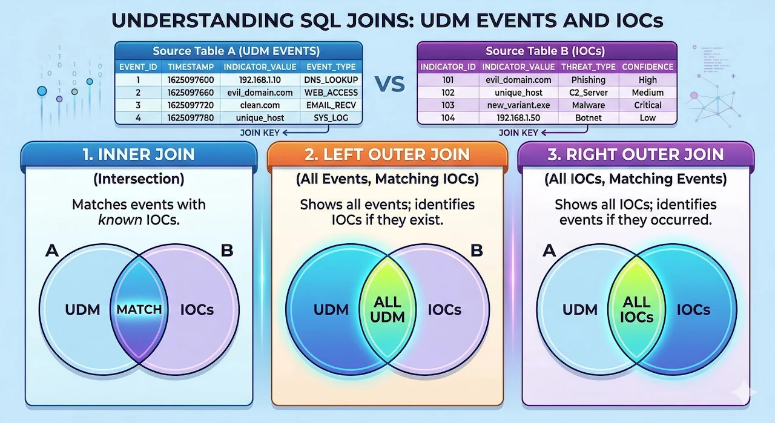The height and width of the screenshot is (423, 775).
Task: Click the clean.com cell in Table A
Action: coord(260,105)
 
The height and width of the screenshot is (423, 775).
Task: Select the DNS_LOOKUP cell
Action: coord(331,80)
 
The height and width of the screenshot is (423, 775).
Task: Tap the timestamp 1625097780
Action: coord(191,118)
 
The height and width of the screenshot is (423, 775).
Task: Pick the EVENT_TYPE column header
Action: coord(331,67)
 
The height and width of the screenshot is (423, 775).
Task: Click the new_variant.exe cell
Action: coord(518,105)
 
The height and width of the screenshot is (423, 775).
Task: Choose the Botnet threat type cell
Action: coord(588,118)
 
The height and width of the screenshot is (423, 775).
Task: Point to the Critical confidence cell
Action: coord(647,105)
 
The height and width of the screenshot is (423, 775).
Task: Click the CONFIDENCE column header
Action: coord(647,67)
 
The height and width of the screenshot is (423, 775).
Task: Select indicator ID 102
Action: coord(447,93)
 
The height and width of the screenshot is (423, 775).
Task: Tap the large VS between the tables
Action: coord(389,84)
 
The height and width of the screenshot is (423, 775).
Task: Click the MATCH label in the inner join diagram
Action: coord(139,310)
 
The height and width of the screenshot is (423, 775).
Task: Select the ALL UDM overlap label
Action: coord(387,310)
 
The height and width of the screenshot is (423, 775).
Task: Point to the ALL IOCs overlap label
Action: coord(636,310)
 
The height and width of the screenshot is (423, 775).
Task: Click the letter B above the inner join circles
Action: coord(227,251)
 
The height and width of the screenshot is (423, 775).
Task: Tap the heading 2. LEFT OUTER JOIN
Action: coord(387,154)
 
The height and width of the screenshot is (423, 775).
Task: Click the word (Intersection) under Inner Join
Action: coord(139,179)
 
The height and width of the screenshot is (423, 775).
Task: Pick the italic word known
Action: coord(120,220)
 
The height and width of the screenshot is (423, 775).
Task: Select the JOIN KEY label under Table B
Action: coord(518,133)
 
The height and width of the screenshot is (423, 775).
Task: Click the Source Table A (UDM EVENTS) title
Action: coord(236,51)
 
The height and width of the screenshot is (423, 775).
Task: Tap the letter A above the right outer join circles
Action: coord(549,251)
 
